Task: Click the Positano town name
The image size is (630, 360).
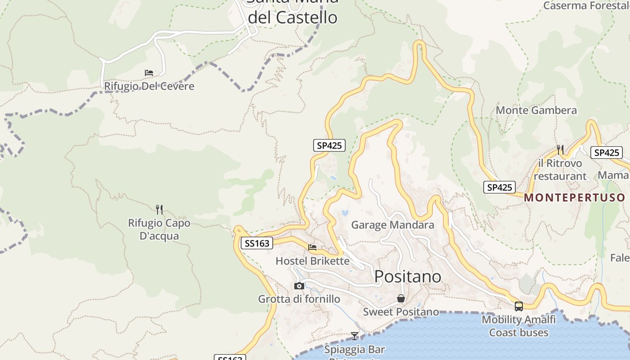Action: pos(408,276)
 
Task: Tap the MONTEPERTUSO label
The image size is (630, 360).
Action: pos(575,198)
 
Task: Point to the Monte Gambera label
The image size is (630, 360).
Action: pos(536,110)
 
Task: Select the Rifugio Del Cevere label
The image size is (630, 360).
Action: pos(149,86)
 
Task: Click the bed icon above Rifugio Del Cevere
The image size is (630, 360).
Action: pos(149,73)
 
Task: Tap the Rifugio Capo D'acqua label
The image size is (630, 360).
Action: pos(159,229)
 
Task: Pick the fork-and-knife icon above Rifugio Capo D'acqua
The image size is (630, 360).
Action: pos(159,209)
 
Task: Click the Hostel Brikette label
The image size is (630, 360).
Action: pos(312,261)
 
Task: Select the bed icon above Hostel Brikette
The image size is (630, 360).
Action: pos(312,247)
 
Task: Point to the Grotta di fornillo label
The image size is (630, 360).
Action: pos(299,299)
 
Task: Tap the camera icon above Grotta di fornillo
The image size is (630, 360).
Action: pos(299,286)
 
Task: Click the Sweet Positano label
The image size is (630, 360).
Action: pos(401,312)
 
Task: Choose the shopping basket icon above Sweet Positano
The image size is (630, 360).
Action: pos(401,299)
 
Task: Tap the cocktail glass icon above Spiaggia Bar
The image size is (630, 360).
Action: pos(355,336)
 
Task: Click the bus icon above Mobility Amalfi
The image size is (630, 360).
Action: pos(519,306)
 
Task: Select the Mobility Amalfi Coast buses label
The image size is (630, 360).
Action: pos(519,326)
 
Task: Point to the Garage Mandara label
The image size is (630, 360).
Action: pos(392,225)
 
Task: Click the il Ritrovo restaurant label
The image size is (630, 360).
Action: pos(560,170)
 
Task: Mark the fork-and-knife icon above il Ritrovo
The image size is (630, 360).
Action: pos(560,149)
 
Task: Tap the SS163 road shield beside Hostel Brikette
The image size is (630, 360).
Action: pos(257,243)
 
